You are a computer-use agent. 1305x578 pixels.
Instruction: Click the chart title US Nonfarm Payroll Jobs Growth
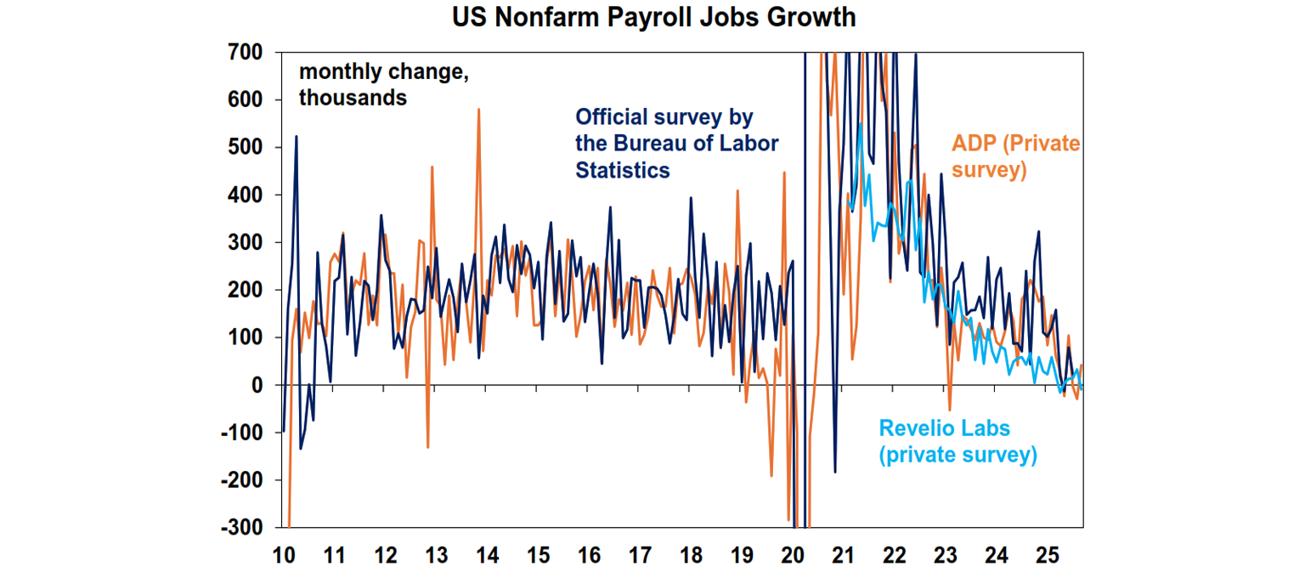[x=652, y=17]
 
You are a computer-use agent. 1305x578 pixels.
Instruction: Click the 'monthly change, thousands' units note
[x=382, y=85]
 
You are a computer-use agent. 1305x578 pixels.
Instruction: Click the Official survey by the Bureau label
[x=676, y=143]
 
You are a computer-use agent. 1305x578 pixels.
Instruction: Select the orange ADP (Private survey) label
[x=1015, y=156]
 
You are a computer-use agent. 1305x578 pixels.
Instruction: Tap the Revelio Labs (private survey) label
[x=958, y=441]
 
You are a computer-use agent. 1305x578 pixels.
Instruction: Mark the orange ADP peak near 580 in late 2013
[x=479, y=110]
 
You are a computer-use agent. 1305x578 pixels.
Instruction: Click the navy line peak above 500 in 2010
[x=297, y=136]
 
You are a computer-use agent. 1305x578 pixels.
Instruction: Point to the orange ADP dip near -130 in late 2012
[x=427, y=447]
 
